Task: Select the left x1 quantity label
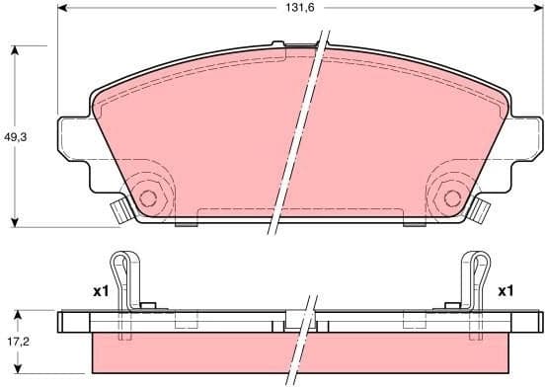[99, 291]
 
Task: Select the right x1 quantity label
[506, 291]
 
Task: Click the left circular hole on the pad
[148, 198]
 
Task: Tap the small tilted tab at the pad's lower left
[118, 209]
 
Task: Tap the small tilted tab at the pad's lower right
[482, 209]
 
